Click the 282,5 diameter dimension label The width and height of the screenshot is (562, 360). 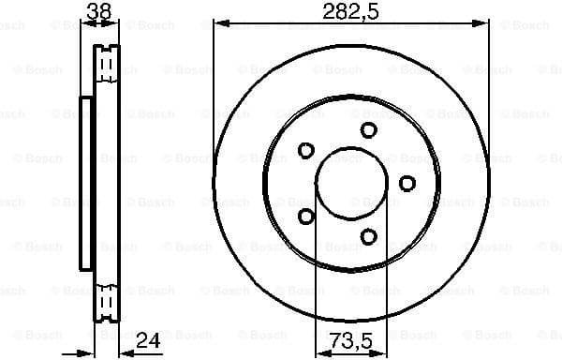click(351, 12)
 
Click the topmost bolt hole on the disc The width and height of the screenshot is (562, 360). click(368, 130)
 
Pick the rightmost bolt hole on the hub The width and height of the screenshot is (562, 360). click(407, 183)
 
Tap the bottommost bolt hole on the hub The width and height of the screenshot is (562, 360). click(368, 236)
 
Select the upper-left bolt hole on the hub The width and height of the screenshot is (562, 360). click(306, 150)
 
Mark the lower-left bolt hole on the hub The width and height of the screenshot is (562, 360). click(306, 217)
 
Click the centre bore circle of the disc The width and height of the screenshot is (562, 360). click(351, 183)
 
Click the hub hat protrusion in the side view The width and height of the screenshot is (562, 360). click(86, 183)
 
